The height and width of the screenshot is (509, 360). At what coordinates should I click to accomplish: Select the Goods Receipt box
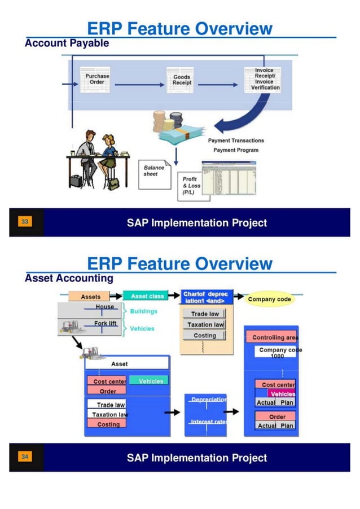pyautogui.click(x=182, y=80)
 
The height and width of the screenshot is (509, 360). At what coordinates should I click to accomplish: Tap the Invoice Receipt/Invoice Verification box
pyautogui.click(x=265, y=80)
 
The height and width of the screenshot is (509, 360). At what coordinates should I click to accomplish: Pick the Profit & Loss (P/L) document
pyautogui.click(x=190, y=185)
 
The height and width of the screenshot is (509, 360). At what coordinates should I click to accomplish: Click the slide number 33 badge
pyautogui.click(x=25, y=222)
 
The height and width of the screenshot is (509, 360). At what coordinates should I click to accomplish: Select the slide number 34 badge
pyautogui.click(x=25, y=457)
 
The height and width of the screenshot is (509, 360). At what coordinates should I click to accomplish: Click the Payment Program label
pyautogui.click(x=236, y=150)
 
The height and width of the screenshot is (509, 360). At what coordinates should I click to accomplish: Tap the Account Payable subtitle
pyautogui.click(x=67, y=43)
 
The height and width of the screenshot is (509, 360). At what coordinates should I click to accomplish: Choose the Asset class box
pyautogui.click(x=147, y=296)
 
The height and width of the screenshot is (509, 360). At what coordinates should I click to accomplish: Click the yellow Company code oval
pyautogui.click(x=270, y=299)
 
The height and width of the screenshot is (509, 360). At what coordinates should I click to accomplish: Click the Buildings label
pyautogui.click(x=143, y=311)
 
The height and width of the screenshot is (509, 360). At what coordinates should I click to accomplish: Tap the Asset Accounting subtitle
pyautogui.click(x=69, y=278)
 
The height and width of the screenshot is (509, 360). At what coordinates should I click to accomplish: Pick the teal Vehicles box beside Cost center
pyautogui.click(x=150, y=381)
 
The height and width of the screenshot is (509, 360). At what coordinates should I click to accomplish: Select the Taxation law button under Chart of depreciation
pyautogui.click(x=204, y=324)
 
